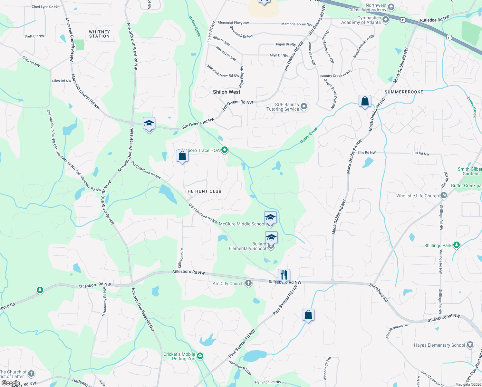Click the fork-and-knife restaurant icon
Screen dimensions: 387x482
click(x=284, y=275)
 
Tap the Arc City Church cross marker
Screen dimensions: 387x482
click(x=248, y=283)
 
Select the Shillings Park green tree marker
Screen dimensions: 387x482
click(x=456, y=245)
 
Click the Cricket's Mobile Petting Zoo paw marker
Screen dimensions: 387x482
click(x=200, y=356)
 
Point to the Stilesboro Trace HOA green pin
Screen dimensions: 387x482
click(x=225, y=150)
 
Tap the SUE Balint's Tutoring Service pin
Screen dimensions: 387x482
click(x=304, y=106)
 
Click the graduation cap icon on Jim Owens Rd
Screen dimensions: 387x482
click(x=149, y=124)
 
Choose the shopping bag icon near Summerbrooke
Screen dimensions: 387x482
click(x=365, y=101)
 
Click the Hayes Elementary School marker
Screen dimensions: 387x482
click(x=470, y=345)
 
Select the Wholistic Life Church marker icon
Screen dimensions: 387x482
click(x=444, y=195)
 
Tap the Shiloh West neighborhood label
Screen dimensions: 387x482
click(x=227, y=92)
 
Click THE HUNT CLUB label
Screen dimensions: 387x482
click(x=203, y=191)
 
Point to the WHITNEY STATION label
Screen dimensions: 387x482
click(x=99, y=34)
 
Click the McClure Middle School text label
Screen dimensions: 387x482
click(x=242, y=224)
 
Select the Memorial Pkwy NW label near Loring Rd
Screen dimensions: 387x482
click(x=233, y=23)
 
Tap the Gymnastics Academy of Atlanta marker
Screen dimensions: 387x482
click(x=386, y=20)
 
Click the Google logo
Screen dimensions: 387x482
click(x=11, y=383)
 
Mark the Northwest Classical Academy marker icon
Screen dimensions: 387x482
click(x=391, y=7)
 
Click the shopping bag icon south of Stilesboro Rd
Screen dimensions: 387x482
click(x=308, y=315)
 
